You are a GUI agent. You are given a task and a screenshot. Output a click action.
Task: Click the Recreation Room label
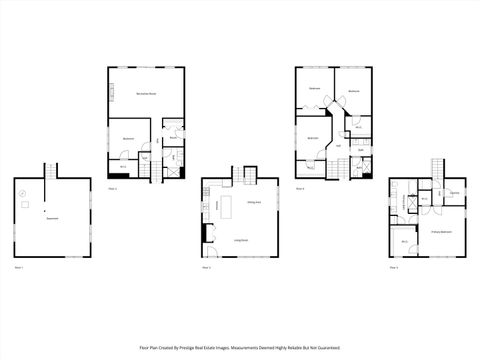[x=145, y=94]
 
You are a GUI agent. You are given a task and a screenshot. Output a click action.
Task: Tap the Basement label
[x=51, y=218]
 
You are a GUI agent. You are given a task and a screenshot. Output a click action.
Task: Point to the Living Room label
[x=241, y=241]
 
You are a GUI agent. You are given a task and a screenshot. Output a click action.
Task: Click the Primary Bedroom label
[x=440, y=232]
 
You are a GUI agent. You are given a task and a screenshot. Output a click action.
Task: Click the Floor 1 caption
[x=19, y=268]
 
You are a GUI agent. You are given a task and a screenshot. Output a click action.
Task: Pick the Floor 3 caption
[x=206, y=268]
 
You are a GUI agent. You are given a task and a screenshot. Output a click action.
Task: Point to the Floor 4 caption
[x=300, y=188]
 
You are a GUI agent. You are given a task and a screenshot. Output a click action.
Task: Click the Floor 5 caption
[x=394, y=268]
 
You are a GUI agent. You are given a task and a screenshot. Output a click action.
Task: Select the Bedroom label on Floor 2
[x=129, y=138]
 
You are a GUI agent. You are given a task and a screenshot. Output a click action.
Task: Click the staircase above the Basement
[x=46, y=173]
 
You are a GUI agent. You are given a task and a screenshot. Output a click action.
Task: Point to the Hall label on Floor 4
[x=338, y=146]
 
